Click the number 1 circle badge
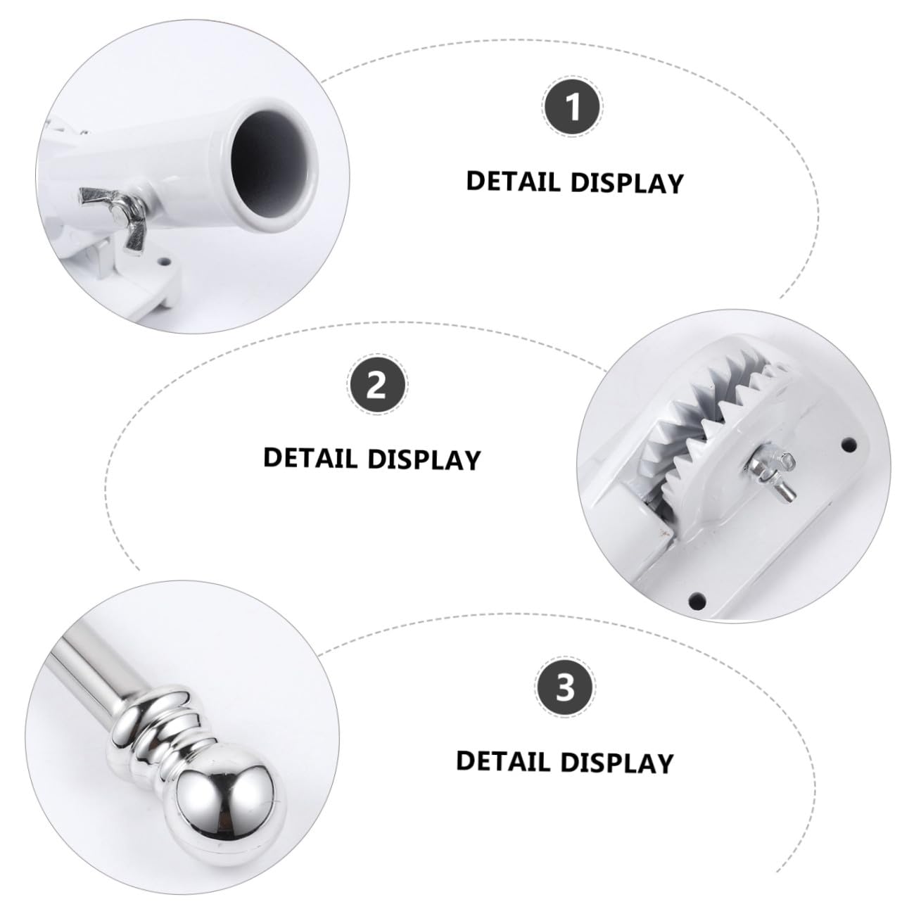(573, 108)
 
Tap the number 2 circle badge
(378, 386)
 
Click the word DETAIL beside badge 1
(514, 182)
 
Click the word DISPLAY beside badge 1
(627, 183)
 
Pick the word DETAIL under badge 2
(310, 458)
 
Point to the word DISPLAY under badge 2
(424, 459)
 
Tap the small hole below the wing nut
(165, 262)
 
